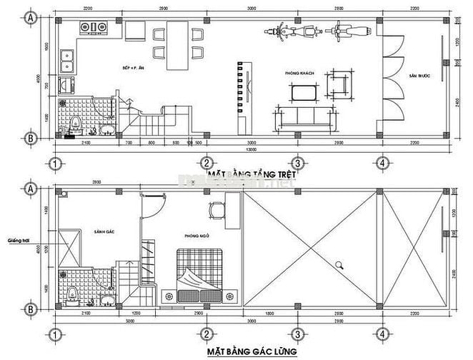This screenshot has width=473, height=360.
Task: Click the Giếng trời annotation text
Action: (x=16, y=241)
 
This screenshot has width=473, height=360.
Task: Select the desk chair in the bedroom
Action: (x=216, y=209)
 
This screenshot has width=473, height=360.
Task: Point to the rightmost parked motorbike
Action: (x=349, y=32)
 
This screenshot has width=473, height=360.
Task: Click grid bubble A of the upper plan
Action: (x=31, y=19)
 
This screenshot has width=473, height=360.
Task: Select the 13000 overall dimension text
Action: (x=249, y=150)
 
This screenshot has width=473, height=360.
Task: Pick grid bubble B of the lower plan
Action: (x=31, y=309)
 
